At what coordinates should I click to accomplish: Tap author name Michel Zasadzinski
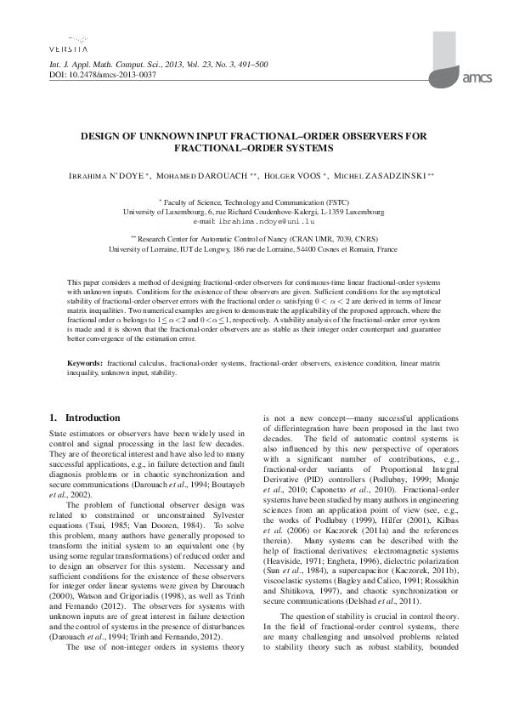tap(387, 176)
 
